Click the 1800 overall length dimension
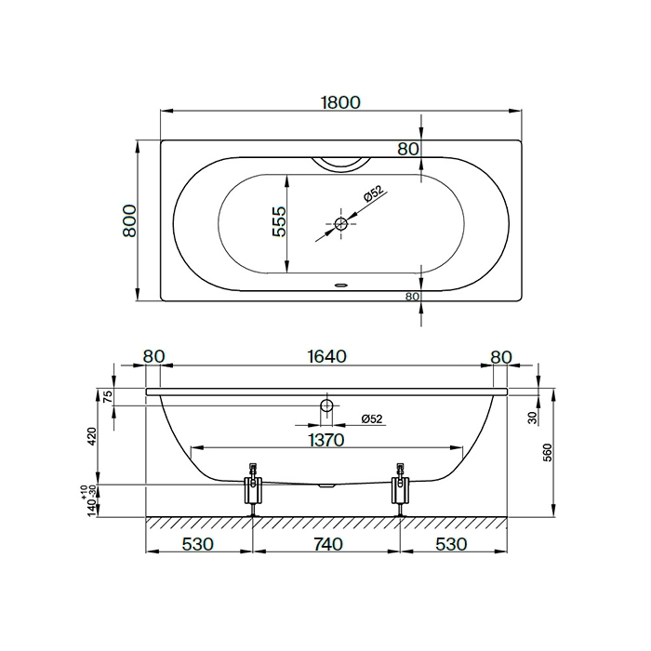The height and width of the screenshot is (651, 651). pos(341,102)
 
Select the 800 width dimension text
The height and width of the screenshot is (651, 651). pos(130,220)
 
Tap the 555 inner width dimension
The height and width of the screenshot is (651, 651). pos(279,221)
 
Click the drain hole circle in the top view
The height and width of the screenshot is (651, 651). pos(341,224)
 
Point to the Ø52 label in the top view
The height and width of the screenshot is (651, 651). pos(372,193)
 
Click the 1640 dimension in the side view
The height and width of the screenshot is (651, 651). pos(326,356)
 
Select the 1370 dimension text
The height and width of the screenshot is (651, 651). pos(326,440)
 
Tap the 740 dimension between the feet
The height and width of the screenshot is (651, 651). pos(326,544)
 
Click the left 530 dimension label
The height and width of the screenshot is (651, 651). pos(197,544)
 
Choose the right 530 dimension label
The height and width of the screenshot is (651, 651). pos(451,544)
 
